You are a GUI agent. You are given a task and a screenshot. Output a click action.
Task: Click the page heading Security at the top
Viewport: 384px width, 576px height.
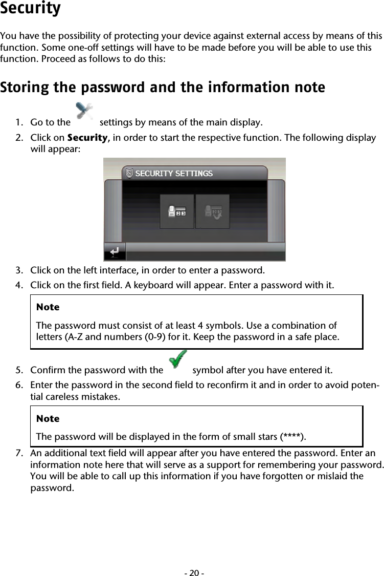[30, 9]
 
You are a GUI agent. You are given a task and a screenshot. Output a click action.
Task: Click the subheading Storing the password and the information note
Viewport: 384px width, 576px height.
[162, 88]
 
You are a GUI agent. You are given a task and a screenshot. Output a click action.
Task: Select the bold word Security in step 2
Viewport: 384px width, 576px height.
[88, 138]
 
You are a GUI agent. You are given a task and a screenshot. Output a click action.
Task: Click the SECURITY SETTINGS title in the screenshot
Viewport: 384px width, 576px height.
[173, 174]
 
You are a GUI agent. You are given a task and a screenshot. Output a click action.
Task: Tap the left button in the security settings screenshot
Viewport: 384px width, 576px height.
[177, 211]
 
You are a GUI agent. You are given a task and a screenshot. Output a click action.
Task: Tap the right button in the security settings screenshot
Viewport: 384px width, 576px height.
[213, 211]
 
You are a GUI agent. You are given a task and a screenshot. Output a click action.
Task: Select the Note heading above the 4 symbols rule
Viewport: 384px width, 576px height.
[48, 307]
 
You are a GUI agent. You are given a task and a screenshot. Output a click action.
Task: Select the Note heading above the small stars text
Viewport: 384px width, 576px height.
[48, 419]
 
